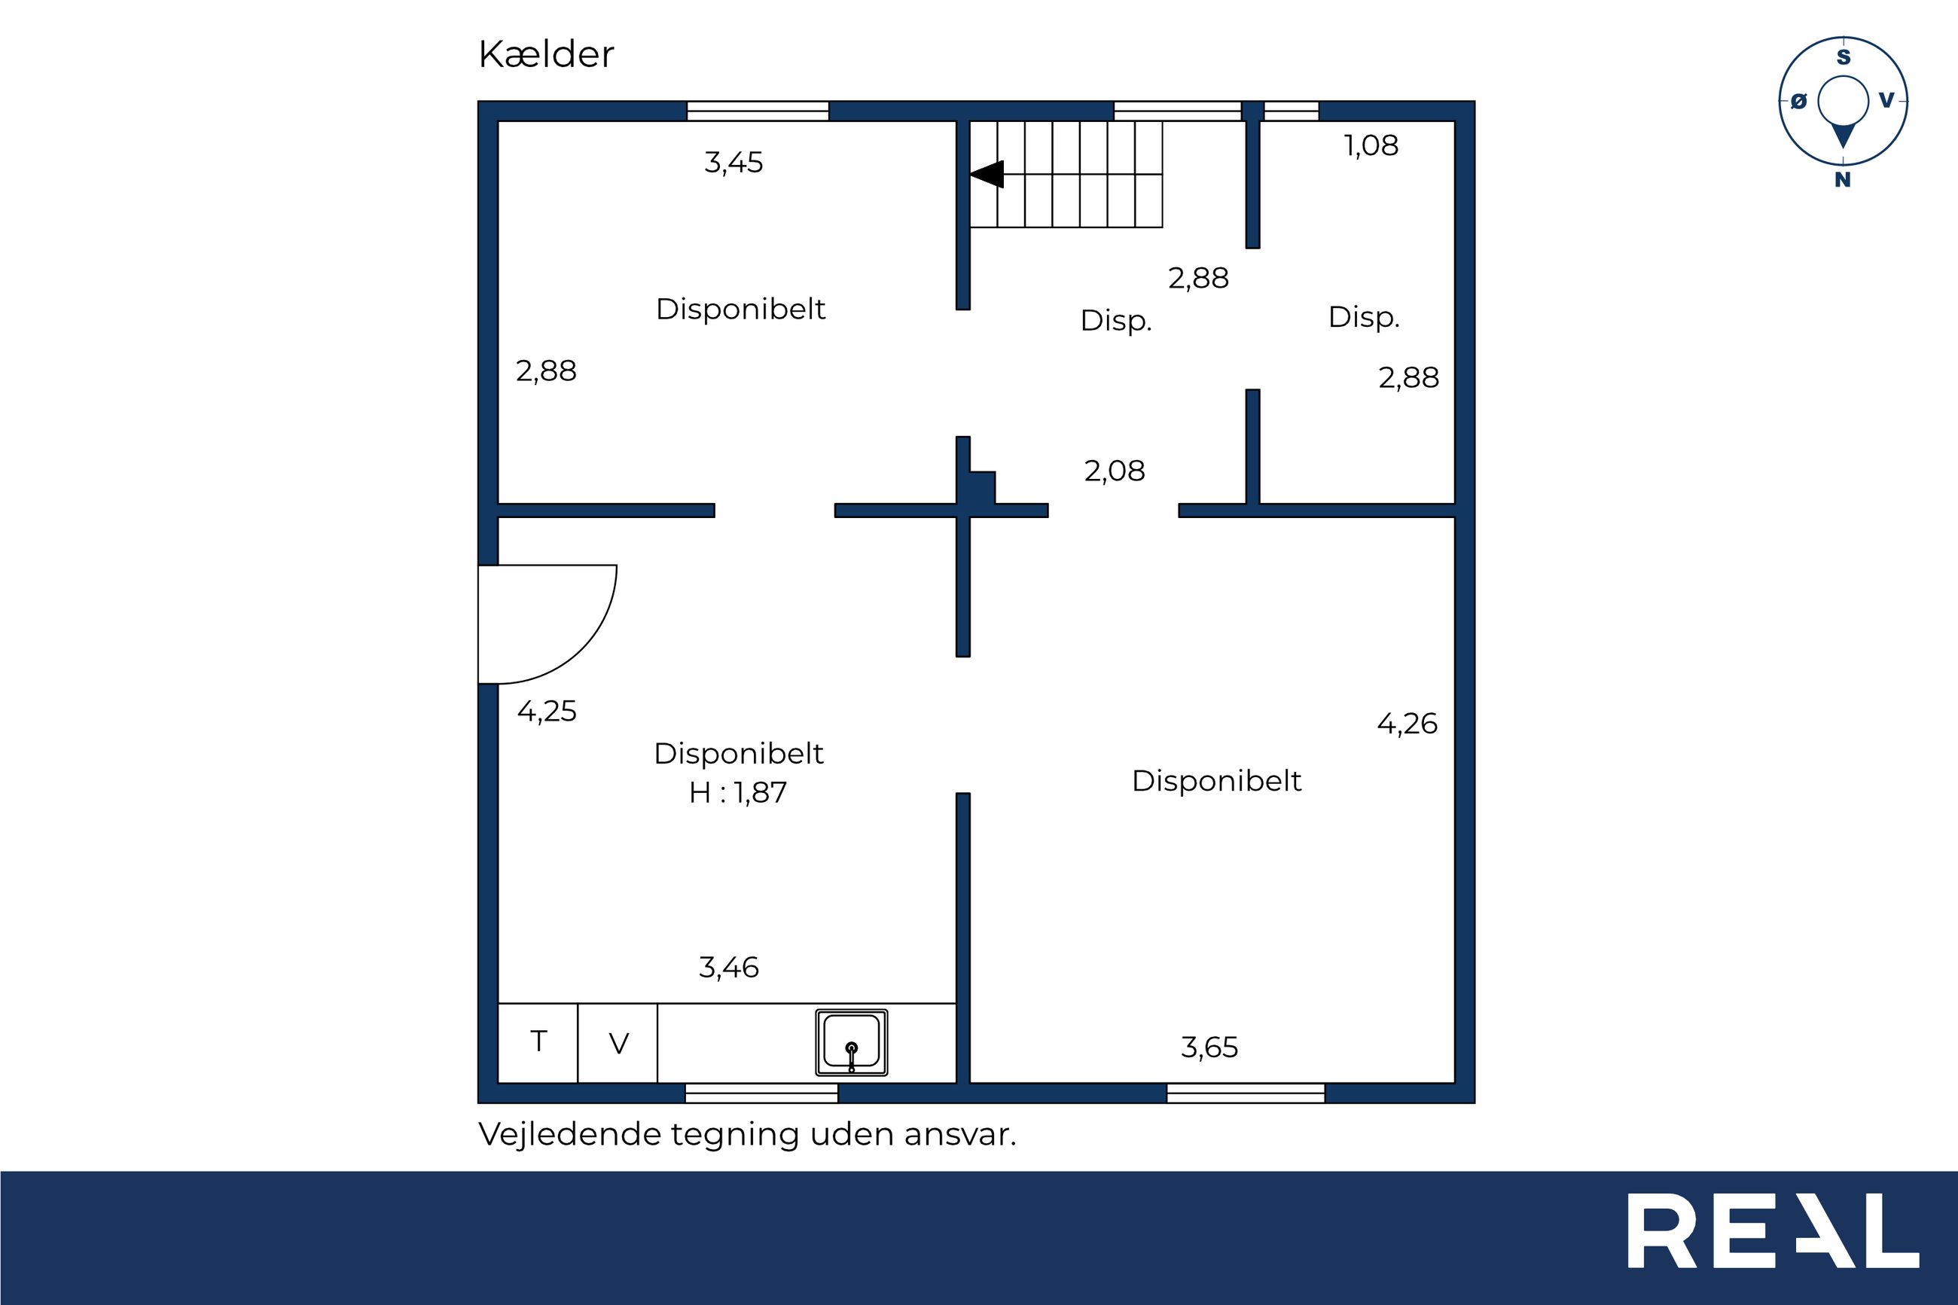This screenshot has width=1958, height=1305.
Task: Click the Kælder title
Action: click(546, 55)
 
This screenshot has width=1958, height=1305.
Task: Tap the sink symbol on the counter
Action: click(851, 1043)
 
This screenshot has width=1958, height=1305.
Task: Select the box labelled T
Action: click(538, 1043)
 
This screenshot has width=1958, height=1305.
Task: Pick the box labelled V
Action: click(618, 1043)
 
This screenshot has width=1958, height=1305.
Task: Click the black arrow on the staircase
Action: click(986, 174)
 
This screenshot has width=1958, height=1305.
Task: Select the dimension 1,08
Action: click(1371, 145)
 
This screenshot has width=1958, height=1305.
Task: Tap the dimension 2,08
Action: click(1115, 471)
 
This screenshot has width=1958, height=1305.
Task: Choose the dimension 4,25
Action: click(547, 712)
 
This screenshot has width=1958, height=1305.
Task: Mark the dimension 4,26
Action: click(1408, 724)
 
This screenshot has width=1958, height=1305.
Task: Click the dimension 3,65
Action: click(1209, 1047)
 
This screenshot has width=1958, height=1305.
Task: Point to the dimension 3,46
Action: click(728, 967)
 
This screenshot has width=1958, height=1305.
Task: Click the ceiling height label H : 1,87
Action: click(737, 792)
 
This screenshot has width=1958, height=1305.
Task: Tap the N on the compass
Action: click(1842, 180)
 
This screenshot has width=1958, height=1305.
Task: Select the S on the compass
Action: click(1844, 57)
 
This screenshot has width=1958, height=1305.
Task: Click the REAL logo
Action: click(1773, 1242)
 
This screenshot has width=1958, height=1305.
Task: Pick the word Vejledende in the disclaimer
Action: click(569, 1134)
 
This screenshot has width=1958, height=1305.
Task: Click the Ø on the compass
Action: click(1798, 102)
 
